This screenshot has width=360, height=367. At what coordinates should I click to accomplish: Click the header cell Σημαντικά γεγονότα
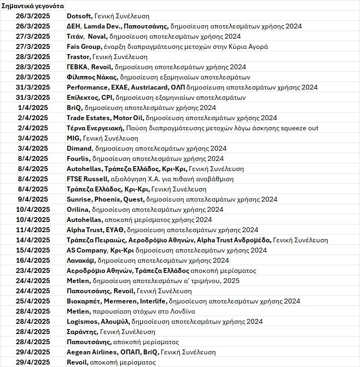point(33,6)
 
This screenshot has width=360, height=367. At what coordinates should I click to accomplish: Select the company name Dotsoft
point(80,16)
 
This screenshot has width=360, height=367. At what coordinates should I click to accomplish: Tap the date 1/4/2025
point(33,108)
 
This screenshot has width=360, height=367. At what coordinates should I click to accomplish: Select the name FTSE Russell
point(87,179)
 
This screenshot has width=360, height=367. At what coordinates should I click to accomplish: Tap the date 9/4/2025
point(33,200)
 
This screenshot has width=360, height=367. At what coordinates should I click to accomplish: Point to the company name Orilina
point(78,210)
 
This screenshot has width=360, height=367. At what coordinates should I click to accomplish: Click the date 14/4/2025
point(33,240)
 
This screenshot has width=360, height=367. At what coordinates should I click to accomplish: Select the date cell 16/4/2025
point(33,261)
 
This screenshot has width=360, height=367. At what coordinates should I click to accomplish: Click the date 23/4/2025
point(33,271)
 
